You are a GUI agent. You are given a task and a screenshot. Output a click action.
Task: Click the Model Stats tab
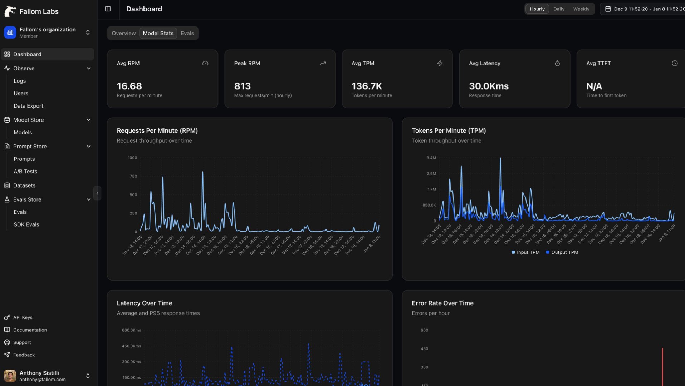158,33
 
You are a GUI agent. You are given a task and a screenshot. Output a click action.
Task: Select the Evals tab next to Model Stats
187,33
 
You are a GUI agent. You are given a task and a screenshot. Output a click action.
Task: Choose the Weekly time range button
581,9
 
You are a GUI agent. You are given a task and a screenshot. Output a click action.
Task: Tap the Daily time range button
559,9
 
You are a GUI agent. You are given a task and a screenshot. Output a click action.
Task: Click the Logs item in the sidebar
20,81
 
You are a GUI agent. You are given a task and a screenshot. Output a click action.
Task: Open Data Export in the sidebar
28,106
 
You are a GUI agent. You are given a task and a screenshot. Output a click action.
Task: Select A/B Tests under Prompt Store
25,172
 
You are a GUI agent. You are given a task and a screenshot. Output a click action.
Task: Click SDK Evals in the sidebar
26,224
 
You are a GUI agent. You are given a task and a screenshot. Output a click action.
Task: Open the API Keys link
23,317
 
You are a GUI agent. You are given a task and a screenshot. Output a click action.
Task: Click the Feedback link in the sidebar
24,355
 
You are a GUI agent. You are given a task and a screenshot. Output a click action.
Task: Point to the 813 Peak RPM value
242,86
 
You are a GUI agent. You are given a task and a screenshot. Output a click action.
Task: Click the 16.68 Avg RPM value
129,86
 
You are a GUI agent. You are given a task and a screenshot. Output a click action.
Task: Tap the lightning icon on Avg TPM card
440,63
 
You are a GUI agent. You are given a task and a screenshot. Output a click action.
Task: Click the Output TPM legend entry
564,252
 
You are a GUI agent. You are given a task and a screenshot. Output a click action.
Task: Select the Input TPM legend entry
528,252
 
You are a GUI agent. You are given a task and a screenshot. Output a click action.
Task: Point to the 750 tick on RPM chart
133,176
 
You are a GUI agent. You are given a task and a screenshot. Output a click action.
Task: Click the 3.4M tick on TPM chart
431,158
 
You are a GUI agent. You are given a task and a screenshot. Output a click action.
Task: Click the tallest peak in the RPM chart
202,172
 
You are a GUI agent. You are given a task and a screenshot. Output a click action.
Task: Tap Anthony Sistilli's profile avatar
10,376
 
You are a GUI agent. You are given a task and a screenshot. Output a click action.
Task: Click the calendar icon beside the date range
608,9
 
